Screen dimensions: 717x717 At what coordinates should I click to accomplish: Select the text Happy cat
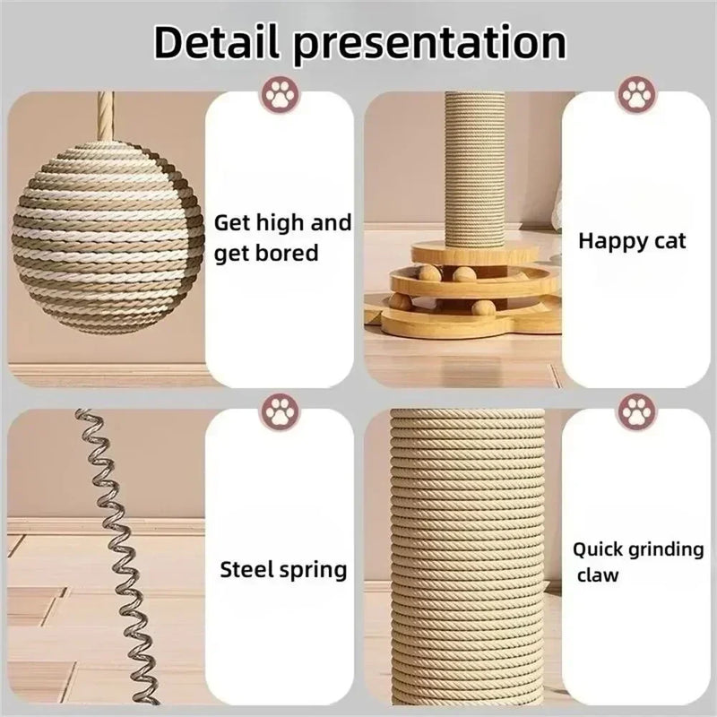pyautogui.click(x=632, y=241)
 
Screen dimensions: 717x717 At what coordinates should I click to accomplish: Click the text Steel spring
pyautogui.click(x=283, y=569)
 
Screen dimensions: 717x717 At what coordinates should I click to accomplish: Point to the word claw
pyautogui.click(x=597, y=574)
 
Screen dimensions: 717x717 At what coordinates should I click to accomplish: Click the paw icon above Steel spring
pyautogui.click(x=279, y=413)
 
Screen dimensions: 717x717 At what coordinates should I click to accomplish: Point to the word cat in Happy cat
pyautogui.click(x=669, y=241)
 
